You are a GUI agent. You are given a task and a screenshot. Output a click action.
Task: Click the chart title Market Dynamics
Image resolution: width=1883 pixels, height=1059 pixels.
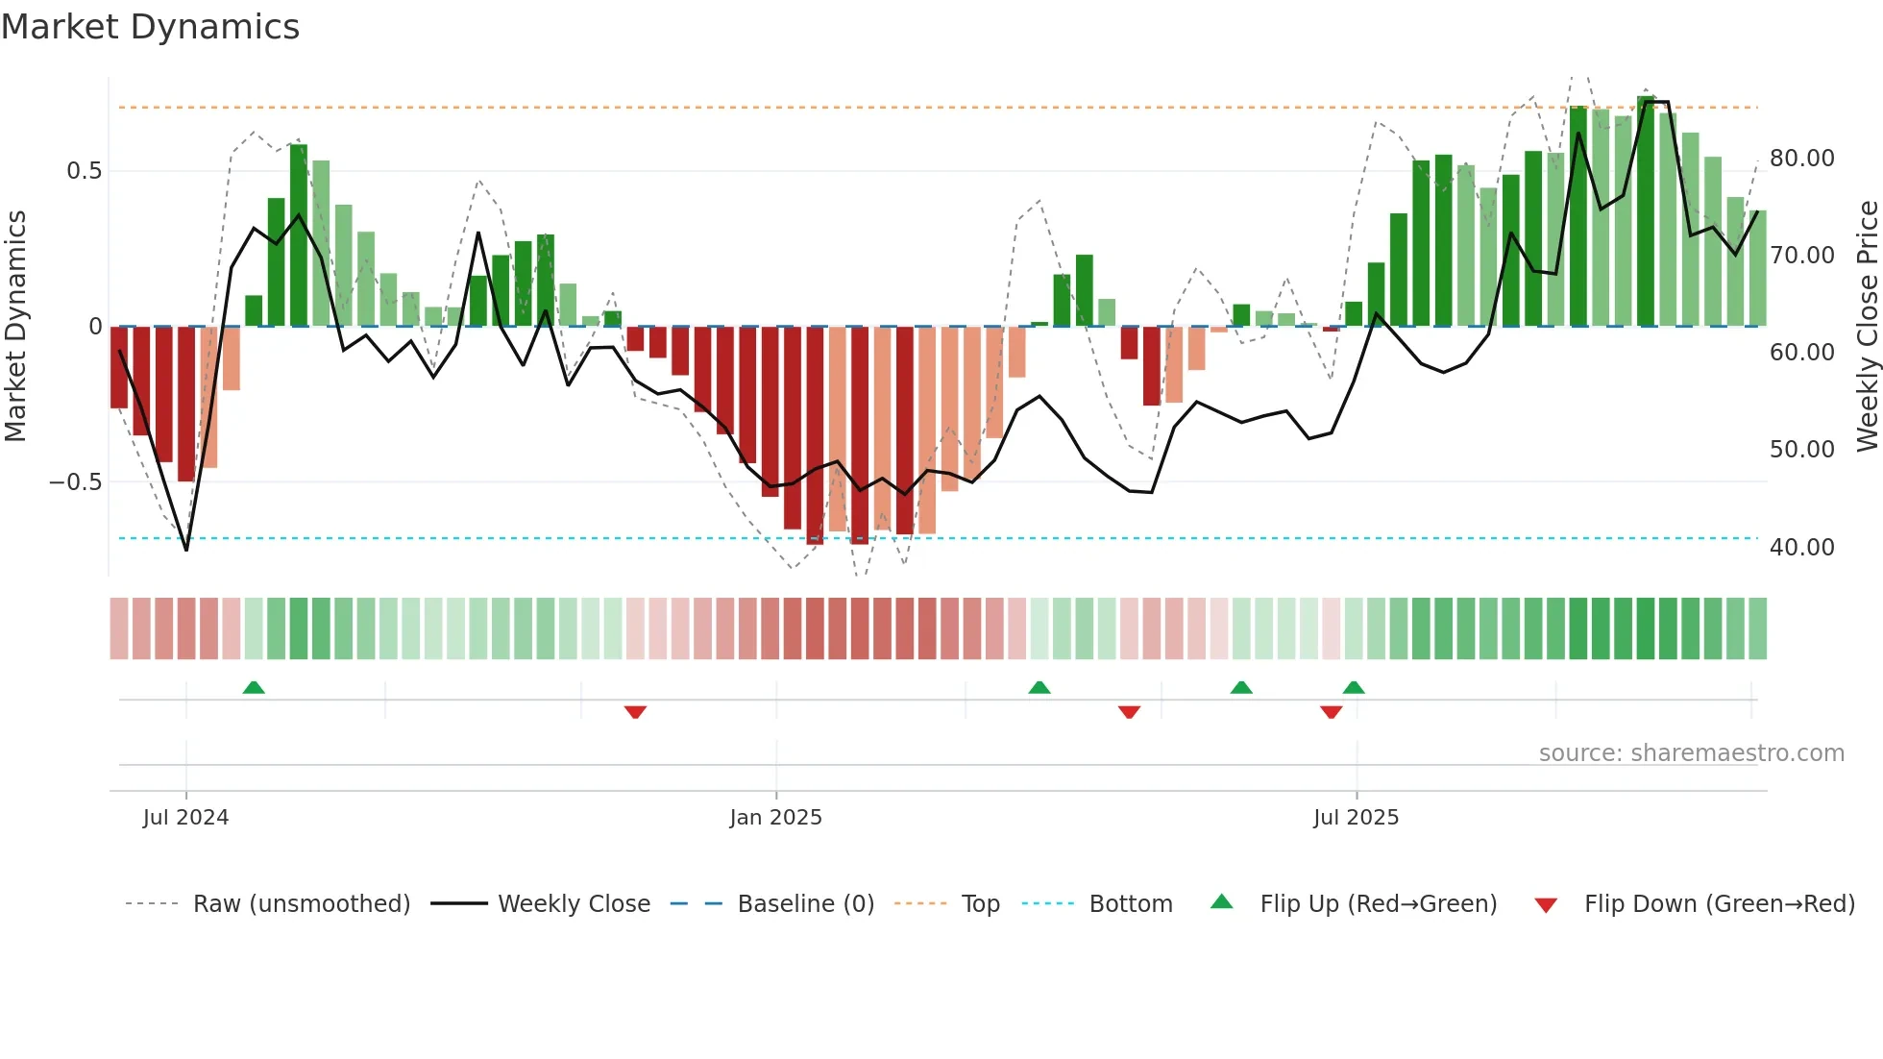point(150,27)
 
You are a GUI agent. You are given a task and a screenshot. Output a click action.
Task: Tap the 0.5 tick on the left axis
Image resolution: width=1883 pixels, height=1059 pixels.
point(84,171)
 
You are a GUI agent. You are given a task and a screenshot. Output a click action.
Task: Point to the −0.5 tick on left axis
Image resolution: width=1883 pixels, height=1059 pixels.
point(75,482)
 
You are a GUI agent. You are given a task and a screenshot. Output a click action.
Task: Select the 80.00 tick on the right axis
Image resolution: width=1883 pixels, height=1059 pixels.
point(1801,159)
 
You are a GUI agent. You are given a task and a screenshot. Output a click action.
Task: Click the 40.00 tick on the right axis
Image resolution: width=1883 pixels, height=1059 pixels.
point(1801,548)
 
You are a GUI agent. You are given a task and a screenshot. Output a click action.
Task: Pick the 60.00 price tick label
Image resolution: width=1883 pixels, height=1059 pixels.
point(1801,353)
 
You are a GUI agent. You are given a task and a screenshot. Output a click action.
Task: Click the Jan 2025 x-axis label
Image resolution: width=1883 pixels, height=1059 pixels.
point(775,818)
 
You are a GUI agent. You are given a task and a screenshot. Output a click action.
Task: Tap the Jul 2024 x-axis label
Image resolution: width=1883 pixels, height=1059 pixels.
point(185,818)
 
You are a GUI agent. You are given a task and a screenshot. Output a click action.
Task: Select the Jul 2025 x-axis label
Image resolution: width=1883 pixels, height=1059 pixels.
point(1356,818)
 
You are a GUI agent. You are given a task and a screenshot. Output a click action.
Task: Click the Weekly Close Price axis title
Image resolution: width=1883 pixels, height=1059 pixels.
point(1867,326)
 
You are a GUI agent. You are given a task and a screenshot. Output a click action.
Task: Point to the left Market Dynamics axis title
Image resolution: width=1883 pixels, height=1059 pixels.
point(15,326)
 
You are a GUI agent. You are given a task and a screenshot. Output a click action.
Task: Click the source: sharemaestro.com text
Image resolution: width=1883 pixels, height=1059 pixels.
point(1691,753)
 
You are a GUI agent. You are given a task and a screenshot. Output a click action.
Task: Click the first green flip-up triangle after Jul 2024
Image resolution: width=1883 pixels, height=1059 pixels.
point(254,688)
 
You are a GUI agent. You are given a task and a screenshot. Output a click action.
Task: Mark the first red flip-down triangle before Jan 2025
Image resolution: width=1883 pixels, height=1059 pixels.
point(635,712)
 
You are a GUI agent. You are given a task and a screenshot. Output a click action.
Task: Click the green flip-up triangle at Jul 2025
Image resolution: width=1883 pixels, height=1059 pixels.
point(1354,688)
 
